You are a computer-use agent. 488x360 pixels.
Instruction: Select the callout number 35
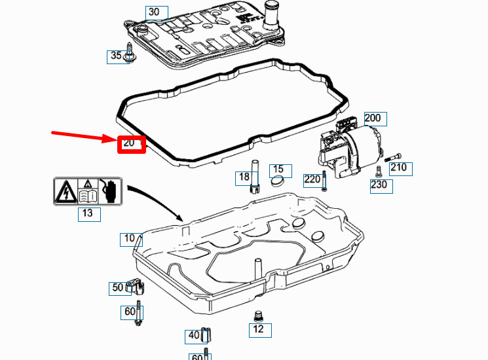pos(116,56)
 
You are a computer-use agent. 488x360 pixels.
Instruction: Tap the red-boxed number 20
pos(130,143)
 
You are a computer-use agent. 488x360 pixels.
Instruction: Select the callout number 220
pos(312,179)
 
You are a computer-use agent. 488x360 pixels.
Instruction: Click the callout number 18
pos(244,177)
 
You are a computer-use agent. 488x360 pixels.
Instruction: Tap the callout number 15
pos(278,170)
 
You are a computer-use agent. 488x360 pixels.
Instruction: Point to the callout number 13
pos(88,213)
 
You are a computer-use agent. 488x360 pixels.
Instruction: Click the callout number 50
pos(117,287)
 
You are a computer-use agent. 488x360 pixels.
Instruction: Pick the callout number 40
pos(193,336)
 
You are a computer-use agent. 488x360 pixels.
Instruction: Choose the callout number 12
pos(259,329)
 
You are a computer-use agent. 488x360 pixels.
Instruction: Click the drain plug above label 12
pos(258,315)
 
